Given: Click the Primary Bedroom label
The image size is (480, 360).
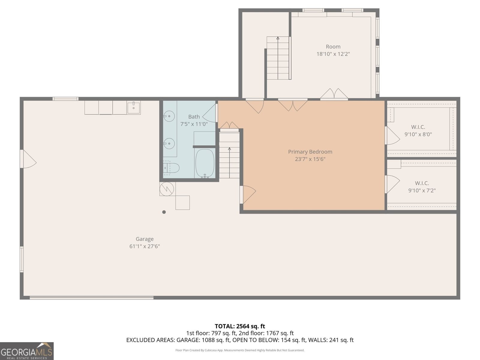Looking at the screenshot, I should (310, 152).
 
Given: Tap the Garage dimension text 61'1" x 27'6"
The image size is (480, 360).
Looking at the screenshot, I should (145, 246).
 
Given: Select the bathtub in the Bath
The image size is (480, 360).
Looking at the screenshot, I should (205, 163).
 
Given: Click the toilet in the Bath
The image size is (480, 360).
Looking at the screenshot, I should (171, 168).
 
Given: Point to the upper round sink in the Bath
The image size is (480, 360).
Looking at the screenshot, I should (169, 116).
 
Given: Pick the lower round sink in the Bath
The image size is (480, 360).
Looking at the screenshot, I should (169, 143).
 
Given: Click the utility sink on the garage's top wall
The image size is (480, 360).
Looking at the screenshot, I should (133, 107).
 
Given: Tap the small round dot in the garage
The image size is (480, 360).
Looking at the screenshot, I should (164, 212).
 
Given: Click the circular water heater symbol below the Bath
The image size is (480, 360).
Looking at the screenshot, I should (166, 189).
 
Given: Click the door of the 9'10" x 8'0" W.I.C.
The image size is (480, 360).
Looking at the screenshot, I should (392, 136).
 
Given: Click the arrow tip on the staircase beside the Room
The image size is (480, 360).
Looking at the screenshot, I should (278, 38).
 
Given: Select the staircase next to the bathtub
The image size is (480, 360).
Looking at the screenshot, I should (229, 156).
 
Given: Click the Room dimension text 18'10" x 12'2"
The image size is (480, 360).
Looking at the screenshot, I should (333, 54).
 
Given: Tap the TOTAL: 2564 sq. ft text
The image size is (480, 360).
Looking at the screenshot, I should (240, 326).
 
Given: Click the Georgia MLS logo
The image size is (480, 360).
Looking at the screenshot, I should (27, 351).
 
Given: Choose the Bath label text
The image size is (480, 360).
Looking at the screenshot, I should (194, 117).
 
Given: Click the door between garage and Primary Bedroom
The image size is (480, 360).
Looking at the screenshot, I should (248, 194).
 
